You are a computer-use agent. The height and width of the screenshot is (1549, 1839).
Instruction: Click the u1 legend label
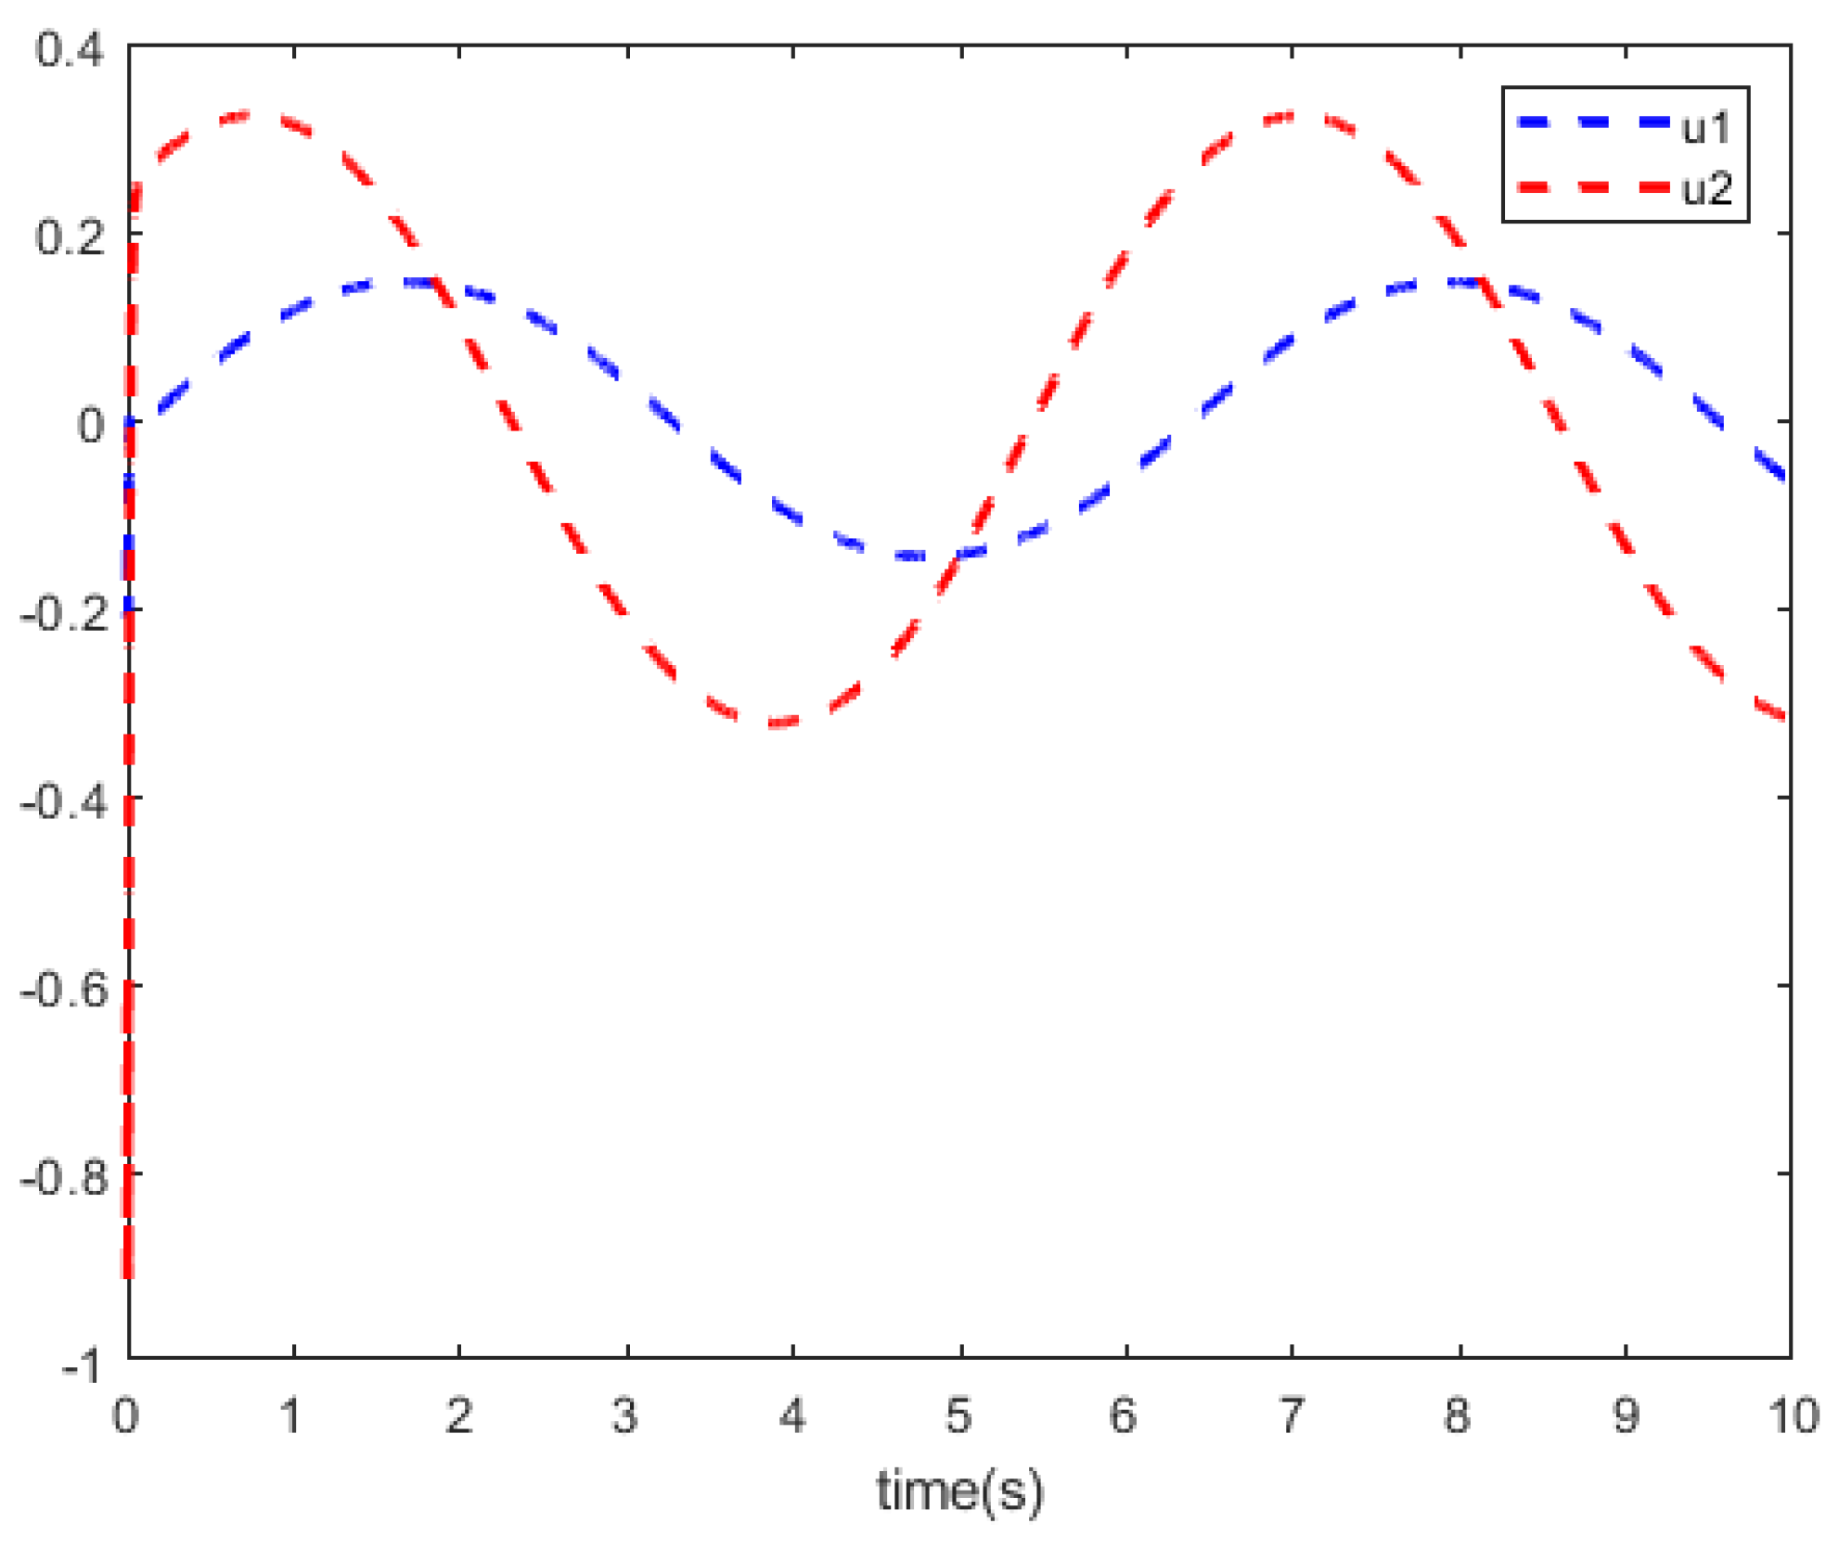[x=1706, y=127]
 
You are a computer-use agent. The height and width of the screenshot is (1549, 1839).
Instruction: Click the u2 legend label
[x=1707, y=189]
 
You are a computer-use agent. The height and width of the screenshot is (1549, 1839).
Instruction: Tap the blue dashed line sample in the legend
[x=1592, y=122]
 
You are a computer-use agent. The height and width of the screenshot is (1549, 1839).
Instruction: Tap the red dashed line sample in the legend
[x=1592, y=187]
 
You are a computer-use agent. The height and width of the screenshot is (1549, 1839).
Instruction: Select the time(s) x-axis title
[x=959, y=1491]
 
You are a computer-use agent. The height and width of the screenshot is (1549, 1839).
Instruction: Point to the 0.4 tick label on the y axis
[x=69, y=48]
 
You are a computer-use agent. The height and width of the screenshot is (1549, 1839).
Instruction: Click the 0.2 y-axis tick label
[x=69, y=237]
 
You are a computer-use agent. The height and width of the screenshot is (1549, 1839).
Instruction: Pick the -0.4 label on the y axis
[x=63, y=801]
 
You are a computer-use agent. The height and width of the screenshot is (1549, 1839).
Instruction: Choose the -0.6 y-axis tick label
[x=63, y=990]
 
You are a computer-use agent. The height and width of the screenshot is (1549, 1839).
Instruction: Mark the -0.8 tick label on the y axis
[x=63, y=1178]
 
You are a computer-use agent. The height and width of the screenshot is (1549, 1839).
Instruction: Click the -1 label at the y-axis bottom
[x=81, y=1366]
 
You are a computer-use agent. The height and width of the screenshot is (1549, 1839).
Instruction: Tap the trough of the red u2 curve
[x=775, y=723]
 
